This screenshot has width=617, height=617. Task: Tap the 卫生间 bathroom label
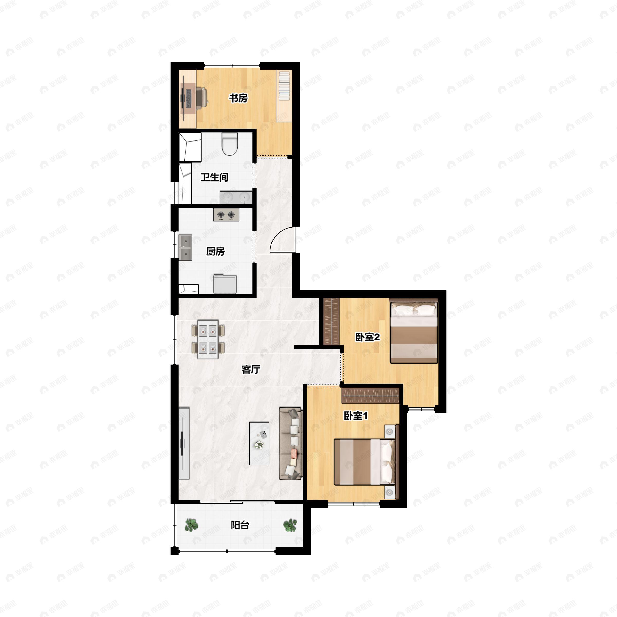[214, 177]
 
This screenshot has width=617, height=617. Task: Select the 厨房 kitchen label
[215, 251]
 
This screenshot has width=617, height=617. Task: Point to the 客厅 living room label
[251, 369]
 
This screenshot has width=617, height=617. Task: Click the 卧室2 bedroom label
[368, 337]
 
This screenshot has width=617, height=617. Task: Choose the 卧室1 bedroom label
[356, 415]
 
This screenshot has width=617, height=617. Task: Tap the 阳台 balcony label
[240, 525]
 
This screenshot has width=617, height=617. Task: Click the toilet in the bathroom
[230, 144]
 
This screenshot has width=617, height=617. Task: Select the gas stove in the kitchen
[226, 215]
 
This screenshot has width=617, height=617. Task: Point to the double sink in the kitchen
[185, 248]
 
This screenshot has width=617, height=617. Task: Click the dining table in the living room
[208, 339]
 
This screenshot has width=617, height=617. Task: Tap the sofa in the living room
[291, 443]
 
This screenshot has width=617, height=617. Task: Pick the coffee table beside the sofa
[259, 443]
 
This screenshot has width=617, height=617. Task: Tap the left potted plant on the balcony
[191, 525]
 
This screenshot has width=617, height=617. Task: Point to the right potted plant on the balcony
[290, 525]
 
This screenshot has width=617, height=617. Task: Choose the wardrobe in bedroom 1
[370, 396]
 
